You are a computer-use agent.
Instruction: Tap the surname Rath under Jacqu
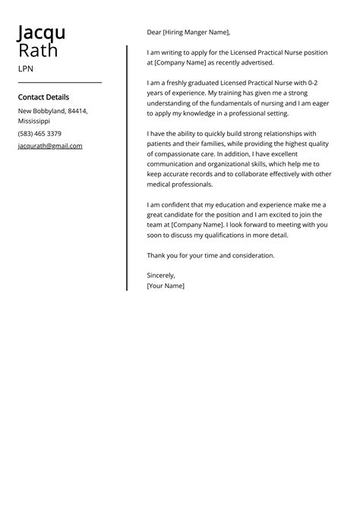(37, 51)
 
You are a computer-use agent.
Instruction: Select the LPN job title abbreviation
(26, 69)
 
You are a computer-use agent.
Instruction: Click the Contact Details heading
(43, 97)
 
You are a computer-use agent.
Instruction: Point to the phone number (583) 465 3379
(39, 134)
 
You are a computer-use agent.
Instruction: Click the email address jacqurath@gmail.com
(50, 146)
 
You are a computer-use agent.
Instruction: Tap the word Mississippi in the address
(34, 121)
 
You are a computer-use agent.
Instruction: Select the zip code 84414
(77, 111)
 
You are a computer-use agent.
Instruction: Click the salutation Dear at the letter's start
(154, 33)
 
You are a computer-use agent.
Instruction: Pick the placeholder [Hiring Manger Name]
(197, 33)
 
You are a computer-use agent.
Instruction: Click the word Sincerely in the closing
(161, 275)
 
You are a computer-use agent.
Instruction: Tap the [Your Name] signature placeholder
(166, 286)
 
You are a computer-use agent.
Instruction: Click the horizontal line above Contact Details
(59, 82)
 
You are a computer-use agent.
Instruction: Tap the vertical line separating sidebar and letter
(127, 167)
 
